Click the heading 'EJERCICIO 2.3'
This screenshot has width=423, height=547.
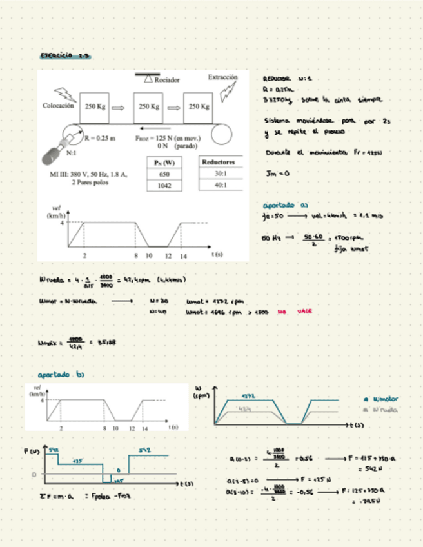point(64,57)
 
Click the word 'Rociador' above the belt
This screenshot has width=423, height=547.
point(167,80)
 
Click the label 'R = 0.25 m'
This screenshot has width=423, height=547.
point(100,137)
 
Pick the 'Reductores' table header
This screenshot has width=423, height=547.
point(219,162)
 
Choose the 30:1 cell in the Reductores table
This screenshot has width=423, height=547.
point(219,174)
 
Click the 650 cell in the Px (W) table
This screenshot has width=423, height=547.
point(164,174)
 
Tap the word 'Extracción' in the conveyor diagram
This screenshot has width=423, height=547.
point(222,77)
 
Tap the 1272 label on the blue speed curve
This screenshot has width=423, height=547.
point(250,396)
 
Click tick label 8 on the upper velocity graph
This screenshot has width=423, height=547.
point(135,255)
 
